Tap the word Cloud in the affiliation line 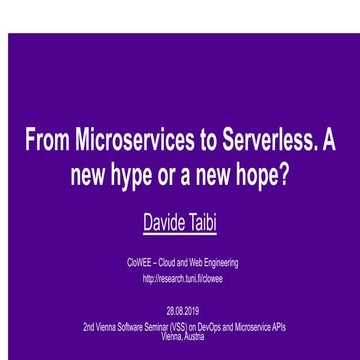tap(164, 261)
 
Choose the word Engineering tap(217, 261)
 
